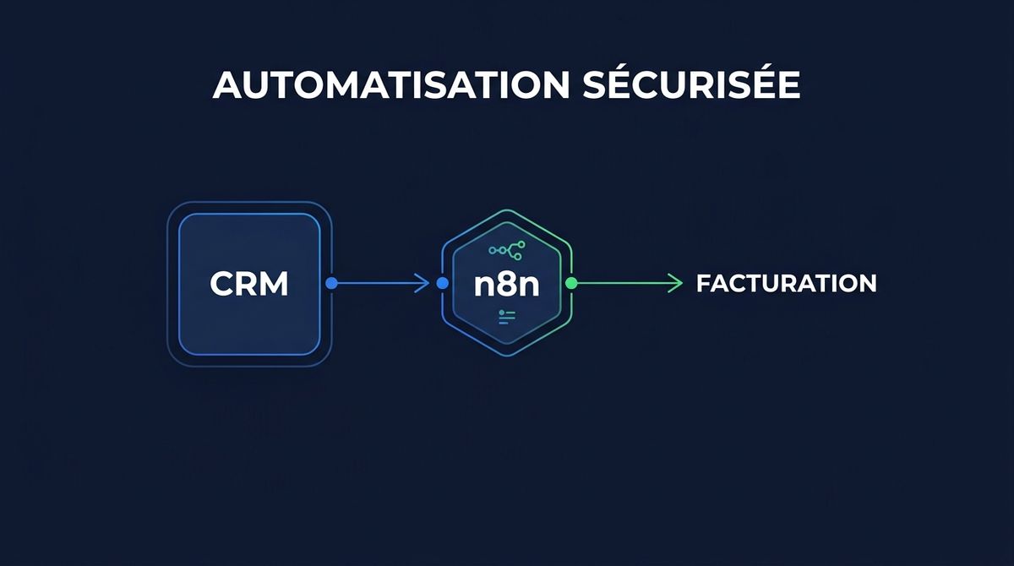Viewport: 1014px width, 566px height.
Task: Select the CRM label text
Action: [x=249, y=284]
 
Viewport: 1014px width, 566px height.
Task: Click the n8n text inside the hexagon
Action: [x=507, y=284]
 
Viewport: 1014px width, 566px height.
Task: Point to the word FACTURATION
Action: [x=786, y=284]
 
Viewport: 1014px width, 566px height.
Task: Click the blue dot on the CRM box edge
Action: [x=332, y=284]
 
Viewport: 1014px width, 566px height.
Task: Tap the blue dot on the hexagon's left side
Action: [x=443, y=284]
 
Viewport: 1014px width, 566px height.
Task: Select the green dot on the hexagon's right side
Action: [x=571, y=284]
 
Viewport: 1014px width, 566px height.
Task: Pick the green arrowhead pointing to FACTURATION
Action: [x=675, y=284]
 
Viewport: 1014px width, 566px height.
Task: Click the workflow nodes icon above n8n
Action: [x=507, y=249]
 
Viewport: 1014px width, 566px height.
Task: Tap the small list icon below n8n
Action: [x=507, y=316]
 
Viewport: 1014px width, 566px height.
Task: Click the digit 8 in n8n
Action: [x=507, y=284]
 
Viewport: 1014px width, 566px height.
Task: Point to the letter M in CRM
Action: [x=275, y=284]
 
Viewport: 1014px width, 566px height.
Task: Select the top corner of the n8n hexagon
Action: [x=507, y=210]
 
